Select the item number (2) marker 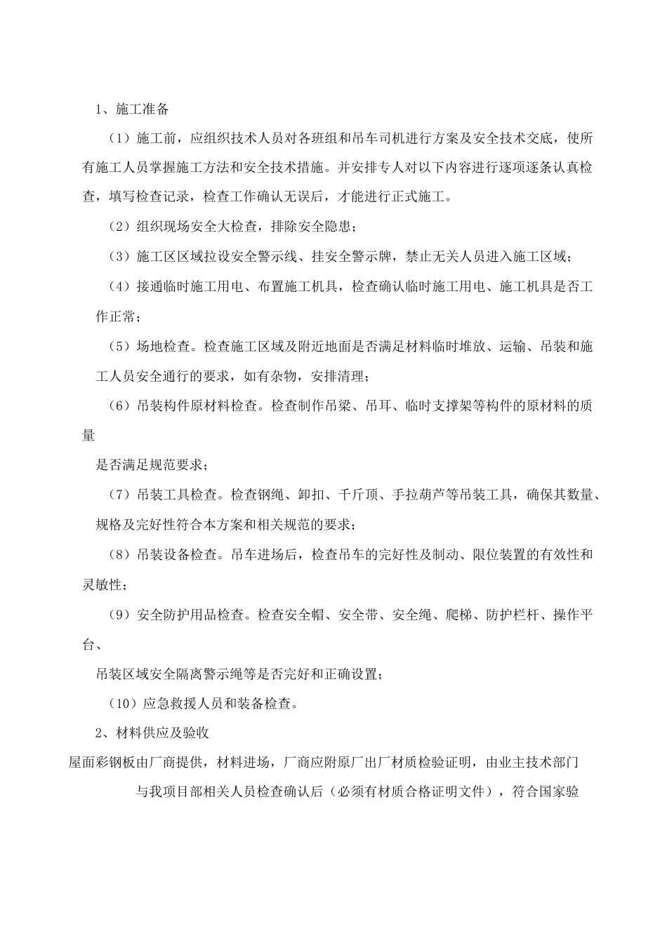pyautogui.click(x=121, y=227)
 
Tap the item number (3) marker pyautogui.click(x=121, y=257)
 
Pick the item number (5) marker pyautogui.click(x=121, y=347)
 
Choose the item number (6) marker pyautogui.click(x=121, y=406)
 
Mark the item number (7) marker pyautogui.click(x=121, y=495)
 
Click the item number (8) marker pyautogui.click(x=121, y=555)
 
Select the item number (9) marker pyautogui.click(x=121, y=615)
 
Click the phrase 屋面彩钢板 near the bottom pyautogui.click(x=102, y=763)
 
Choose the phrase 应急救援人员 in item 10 pyautogui.click(x=183, y=704)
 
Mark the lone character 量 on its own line pyautogui.click(x=88, y=436)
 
